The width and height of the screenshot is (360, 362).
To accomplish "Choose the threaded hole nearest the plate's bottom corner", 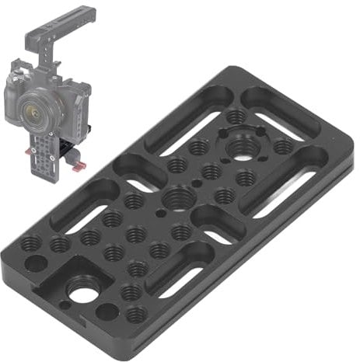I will tap(137, 315).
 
